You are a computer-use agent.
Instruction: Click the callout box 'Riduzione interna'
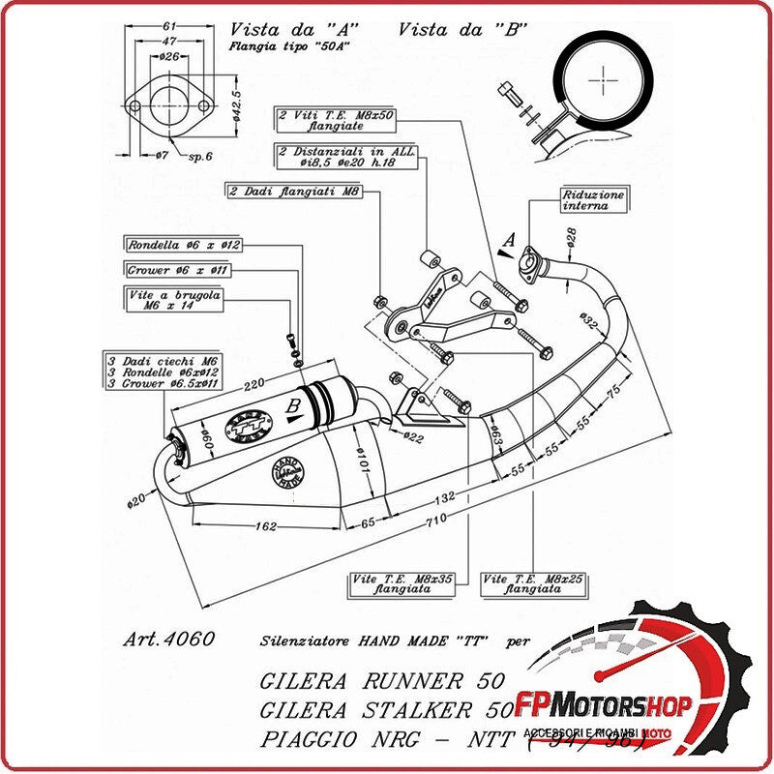pos(593,199)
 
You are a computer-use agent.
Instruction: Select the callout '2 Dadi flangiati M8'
pos(295,192)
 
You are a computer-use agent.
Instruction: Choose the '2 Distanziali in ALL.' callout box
pos(345,157)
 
